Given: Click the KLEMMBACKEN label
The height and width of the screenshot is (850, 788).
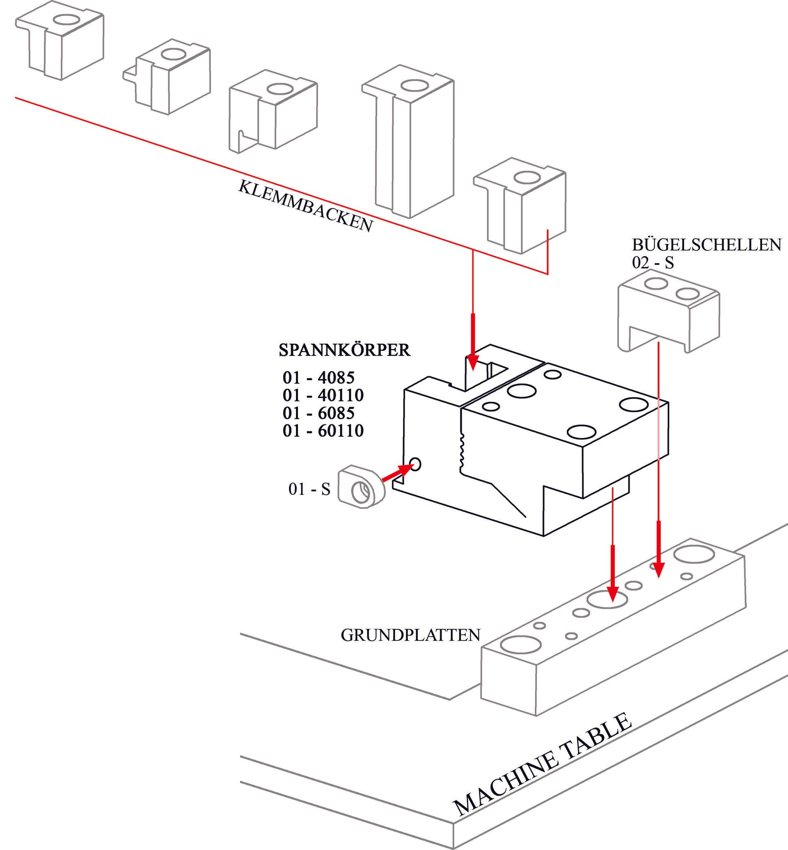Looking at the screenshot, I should (x=305, y=206).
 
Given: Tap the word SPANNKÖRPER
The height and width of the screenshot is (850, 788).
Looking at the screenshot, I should (x=344, y=350).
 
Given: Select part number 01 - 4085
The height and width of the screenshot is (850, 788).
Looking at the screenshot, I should (x=318, y=378).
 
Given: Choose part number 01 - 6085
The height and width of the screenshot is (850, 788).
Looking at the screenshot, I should (x=318, y=413).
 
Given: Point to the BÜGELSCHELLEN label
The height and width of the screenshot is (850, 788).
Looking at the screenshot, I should (x=707, y=244).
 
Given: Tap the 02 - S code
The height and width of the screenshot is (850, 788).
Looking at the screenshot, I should (x=653, y=263).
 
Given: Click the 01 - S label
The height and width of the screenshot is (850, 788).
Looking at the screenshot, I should (x=309, y=489).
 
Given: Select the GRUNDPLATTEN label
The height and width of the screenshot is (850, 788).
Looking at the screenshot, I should (x=410, y=635).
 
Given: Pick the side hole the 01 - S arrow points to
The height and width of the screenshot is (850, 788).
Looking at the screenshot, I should (x=415, y=464).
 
